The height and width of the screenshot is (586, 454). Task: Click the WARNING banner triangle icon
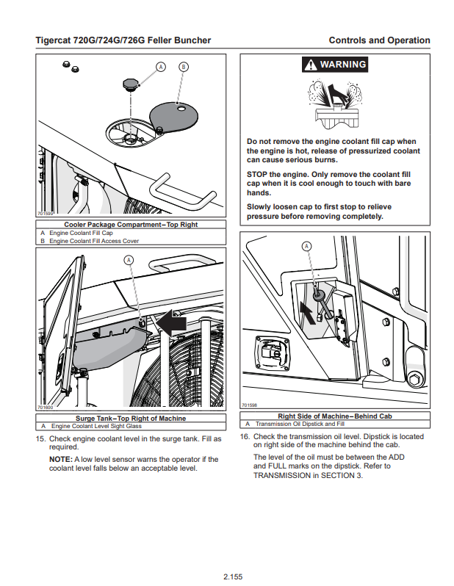(x=311, y=65)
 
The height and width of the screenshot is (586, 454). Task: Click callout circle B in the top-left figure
(x=183, y=66)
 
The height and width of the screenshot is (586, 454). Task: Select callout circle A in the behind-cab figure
(x=307, y=246)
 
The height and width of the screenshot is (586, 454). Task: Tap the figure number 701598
(x=250, y=405)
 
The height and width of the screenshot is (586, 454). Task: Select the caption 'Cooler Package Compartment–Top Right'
(x=131, y=224)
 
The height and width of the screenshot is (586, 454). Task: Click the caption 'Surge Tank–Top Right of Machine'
(x=131, y=419)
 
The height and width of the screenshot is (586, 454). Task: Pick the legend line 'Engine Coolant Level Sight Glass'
(x=96, y=426)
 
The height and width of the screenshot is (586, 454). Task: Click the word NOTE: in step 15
(x=60, y=460)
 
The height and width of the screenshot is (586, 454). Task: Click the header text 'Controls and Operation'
(x=379, y=40)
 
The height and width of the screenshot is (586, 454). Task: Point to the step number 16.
(x=245, y=436)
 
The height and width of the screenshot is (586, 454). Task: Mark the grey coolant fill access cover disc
(x=176, y=114)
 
